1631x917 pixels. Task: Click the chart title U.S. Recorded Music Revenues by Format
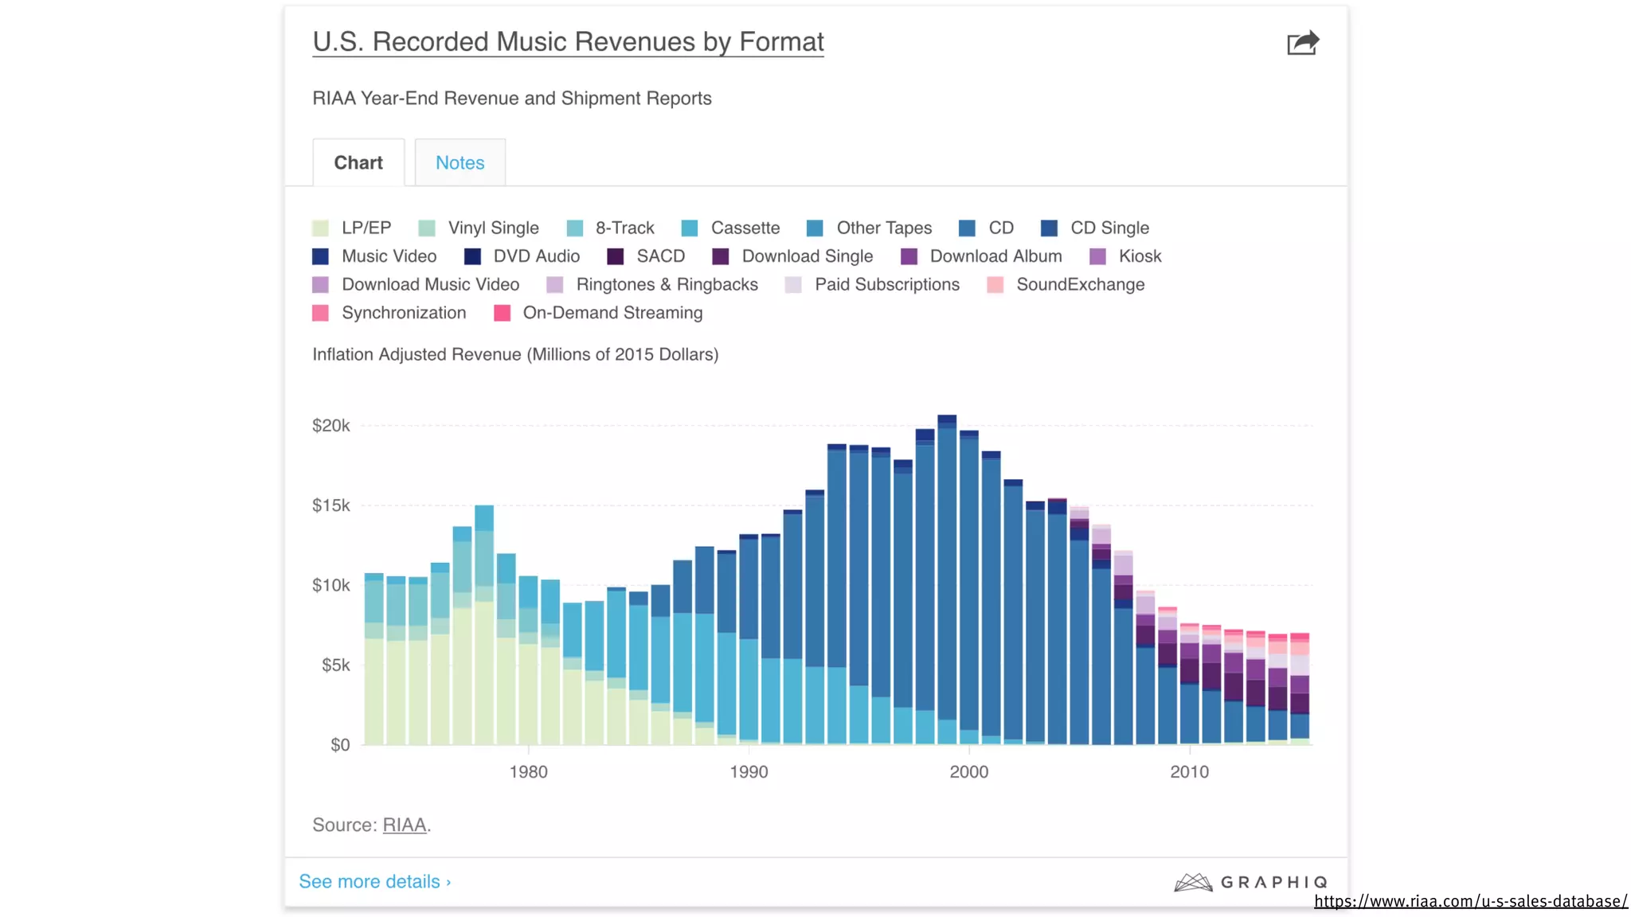568,41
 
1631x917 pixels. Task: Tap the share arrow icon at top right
1303,43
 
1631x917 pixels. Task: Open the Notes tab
460,162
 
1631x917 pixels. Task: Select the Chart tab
358,162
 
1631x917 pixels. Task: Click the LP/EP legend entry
352,228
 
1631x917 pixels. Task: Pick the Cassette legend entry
730,228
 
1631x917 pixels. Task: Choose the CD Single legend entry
1095,228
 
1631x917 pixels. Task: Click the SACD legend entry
646,256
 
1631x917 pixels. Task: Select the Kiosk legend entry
1125,256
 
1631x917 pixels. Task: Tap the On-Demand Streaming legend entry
598,313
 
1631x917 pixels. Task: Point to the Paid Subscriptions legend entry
872,284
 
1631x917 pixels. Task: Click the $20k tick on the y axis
331,426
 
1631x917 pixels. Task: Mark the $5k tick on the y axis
335,665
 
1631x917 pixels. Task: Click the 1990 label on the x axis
749,771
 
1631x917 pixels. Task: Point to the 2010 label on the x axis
1189,771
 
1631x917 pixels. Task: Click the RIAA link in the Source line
405,825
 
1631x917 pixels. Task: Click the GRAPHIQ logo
1250,882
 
